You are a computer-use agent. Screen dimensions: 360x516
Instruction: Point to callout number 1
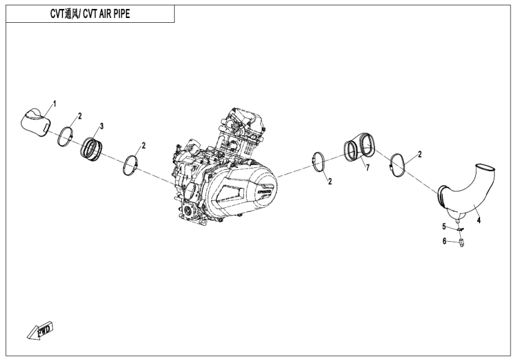[55, 104]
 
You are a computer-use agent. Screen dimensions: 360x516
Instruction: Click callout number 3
[101, 126]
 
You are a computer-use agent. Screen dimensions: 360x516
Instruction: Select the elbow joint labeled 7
[359, 147]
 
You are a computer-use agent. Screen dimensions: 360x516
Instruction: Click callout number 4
[478, 220]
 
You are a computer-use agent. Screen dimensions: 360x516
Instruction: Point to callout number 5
[445, 226]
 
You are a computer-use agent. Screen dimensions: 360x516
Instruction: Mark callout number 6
[445, 241]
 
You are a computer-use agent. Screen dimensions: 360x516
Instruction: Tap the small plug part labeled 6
[461, 242]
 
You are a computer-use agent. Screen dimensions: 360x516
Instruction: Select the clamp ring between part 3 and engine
[132, 166]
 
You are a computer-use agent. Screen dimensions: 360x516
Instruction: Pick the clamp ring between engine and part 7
[320, 163]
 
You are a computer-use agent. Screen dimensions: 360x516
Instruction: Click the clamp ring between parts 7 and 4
[397, 164]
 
